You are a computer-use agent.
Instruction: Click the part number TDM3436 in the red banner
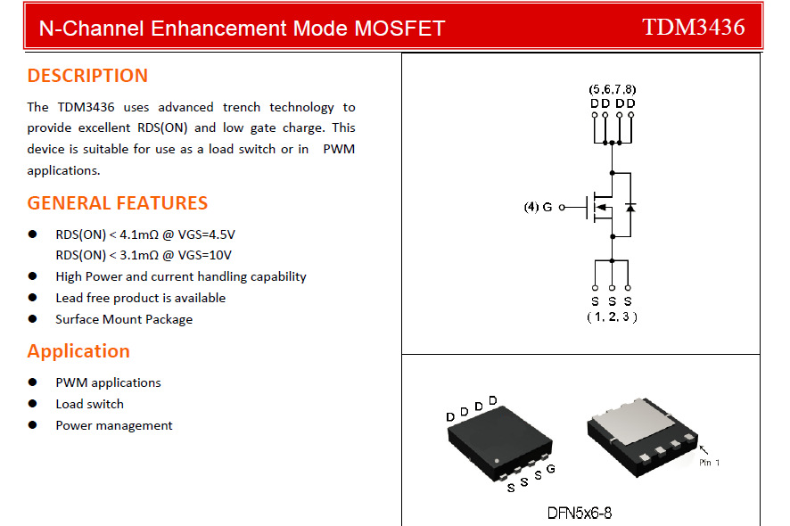(x=693, y=27)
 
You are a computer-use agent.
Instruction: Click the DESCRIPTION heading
(x=87, y=76)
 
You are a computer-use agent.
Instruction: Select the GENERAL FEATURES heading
(x=117, y=203)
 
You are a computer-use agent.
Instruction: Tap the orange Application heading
(x=78, y=351)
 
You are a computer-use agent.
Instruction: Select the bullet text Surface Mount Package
(x=124, y=319)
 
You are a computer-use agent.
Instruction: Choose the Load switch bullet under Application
(x=89, y=404)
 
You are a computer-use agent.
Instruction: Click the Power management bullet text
(x=114, y=425)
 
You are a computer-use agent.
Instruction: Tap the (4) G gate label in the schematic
(x=538, y=208)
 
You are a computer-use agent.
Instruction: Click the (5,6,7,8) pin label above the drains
(x=613, y=90)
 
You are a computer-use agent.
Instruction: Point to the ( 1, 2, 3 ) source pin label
(x=612, y=317)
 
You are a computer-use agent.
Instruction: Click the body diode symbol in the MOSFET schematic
(x=630, y=208)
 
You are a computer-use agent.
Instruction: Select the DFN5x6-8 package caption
(x=580, y=513)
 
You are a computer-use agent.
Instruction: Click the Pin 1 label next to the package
(x=709, y=463)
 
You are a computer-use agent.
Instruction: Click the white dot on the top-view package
(x=497, y=461)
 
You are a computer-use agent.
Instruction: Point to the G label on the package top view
(x=551, y=469)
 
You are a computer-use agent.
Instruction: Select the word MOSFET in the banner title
(x=399, y=29)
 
